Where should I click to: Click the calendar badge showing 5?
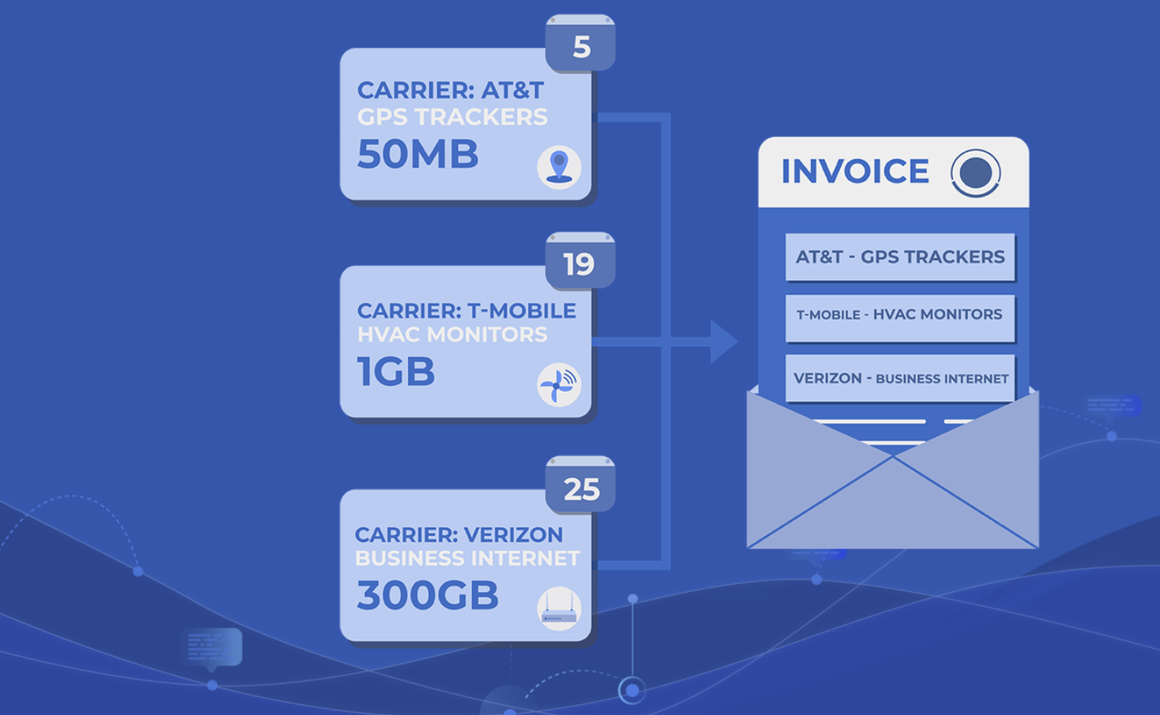pyautogui.click(x=580, y=43)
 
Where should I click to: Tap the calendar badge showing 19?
pyautogui.click(x=580, y=260)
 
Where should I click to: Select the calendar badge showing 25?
pyautogui.click(x=580, y=484)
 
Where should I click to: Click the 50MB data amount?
pyautogui.click(x=418, y=154)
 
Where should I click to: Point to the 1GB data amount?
pyautogui.click(x=396, y=371)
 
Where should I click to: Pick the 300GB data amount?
pyautogui.click(x=427, y=595)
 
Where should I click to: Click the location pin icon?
pyautogui.click(x=559, y=167)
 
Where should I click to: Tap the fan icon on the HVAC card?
pyautogui.click(x=559, y=385)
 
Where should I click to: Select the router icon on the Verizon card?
pyautogui.click(x=559, y=608)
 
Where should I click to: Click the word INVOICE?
pyautogui.click(x=855, y=171)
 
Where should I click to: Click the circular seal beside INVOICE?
pyautogui.click(x=975, y=173)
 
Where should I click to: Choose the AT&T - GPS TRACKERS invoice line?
pyautogui.click(x=900, y=257)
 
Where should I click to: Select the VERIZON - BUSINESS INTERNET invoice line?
pyautogui.click(x=900, y=378)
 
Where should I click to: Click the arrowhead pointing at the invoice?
pyautogui.click(x=724, y=342)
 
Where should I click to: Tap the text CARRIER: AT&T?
pyautogui.click(x=451, y=90)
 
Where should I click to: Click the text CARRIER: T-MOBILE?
pyautogui.click(x=466, y=311)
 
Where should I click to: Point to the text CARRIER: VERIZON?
pyautogui.click(x=459, y=534)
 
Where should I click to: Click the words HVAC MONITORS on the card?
pyautogui.click(x=452, y=334)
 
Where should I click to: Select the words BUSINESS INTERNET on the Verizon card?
pyautogui.click(x=468, y=558)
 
